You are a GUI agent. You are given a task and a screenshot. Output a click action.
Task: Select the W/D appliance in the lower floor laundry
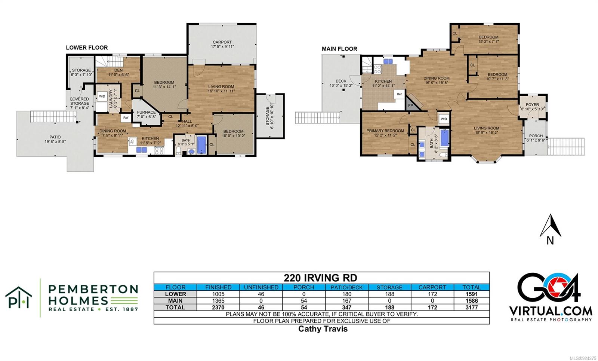(102, 97)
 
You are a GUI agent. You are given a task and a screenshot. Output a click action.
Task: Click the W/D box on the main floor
(444, 119)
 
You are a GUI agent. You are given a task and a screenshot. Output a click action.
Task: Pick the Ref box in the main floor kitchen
(399, 94)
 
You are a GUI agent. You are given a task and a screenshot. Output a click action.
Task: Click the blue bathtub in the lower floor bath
(201, 145)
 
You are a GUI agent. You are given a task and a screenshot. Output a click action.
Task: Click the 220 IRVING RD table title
(320, 278)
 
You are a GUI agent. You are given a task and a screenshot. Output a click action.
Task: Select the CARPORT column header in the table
(432, 287)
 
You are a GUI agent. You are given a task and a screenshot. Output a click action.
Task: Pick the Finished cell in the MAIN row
(218, 301)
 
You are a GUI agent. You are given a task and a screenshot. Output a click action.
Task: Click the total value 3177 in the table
(471, 307)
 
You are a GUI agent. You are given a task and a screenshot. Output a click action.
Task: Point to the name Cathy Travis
(323, 329)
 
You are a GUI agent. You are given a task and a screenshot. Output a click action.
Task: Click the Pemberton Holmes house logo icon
(18, 297)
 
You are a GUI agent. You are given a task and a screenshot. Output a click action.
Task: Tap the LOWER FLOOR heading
(87, 48)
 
